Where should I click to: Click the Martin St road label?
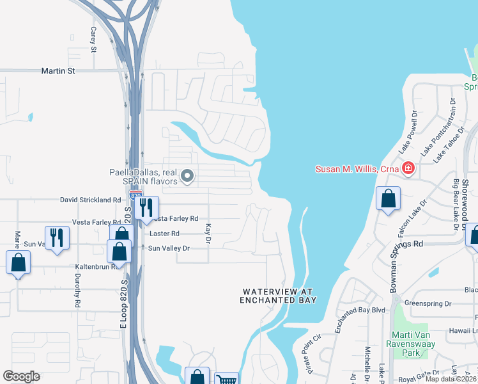coord(58,70)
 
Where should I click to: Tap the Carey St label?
coord(93,40)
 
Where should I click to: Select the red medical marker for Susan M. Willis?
coord(408,169)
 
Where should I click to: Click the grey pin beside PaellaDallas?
coord(187,175)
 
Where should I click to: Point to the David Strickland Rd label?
coord(90,200)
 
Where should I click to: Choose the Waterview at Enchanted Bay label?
coord(277,296)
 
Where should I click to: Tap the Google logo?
coord(21,376)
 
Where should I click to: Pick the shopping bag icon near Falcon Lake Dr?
coord(388,198)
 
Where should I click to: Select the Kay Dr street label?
coord(208,233)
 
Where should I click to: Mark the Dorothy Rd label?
coord(77,289)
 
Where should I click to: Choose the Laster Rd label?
coord(166,234)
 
